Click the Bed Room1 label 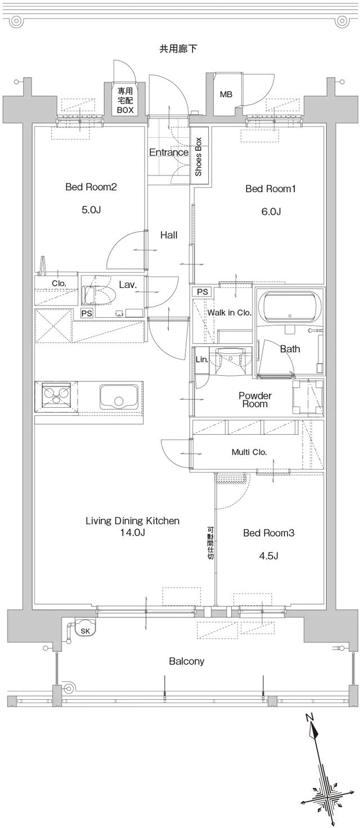coord(270,189)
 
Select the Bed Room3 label coord(269,533)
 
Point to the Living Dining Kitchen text coord(132,521)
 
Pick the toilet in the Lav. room coord(98,295)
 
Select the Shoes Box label coord(199,157)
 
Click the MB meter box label coord(226,94)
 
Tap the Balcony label coord(186,661)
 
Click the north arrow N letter coord(309,717)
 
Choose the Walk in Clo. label coord(229,313)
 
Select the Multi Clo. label coord(249,452)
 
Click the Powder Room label coord(255,399)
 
